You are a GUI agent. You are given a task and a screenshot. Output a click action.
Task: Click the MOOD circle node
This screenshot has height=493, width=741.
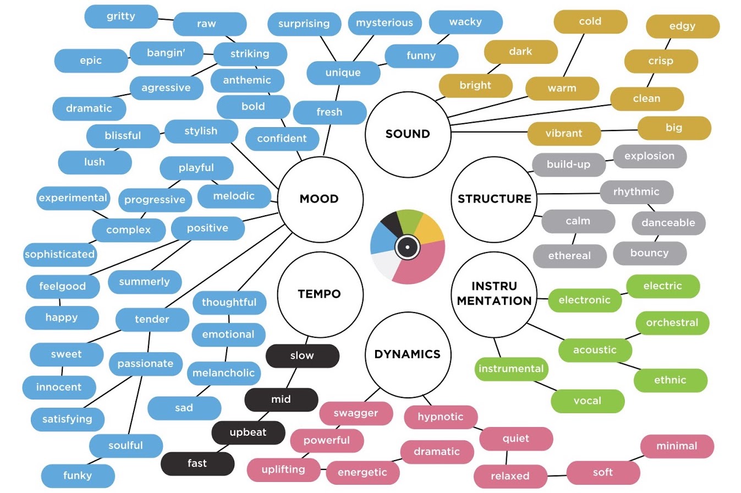coord(319,199)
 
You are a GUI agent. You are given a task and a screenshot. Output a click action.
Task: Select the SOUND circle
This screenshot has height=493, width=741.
coord(408,134)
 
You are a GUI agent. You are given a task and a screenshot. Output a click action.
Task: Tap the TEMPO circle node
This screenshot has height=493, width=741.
coord(319,294)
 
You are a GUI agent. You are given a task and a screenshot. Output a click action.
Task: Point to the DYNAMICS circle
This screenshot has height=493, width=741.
coord(408,354)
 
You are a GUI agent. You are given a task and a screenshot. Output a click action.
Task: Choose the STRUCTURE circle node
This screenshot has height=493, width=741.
coord(494,199)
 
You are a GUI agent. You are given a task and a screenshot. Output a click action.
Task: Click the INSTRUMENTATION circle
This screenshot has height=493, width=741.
coord(494,294)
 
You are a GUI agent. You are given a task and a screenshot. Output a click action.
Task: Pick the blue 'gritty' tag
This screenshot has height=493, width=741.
coord(121,17)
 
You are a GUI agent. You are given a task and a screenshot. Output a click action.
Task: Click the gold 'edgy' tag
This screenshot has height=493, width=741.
coord(682,26)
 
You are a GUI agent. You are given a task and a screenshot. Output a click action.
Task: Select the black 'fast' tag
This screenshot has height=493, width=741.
coord(197,463)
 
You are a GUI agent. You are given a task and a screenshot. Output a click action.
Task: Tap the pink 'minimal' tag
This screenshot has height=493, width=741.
coord(677,446)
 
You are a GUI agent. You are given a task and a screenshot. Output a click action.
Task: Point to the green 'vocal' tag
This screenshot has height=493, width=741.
coord(588,401)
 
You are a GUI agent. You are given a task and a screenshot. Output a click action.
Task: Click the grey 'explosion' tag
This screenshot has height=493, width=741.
coord(649,156)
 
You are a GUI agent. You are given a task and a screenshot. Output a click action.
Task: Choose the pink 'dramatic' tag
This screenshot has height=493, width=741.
coord(436,452)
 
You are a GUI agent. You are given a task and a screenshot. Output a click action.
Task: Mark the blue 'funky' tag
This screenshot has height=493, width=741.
coord(78,475)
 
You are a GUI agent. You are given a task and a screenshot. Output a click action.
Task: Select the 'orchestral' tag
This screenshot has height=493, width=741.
coord(672,323)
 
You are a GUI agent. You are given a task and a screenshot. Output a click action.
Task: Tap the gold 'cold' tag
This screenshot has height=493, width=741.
coord(590,22)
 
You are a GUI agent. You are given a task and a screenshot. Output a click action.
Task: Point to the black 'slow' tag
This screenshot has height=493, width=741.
coord(302,355)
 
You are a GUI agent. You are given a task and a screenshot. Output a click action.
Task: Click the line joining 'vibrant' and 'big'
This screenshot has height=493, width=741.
coord(619,131)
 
